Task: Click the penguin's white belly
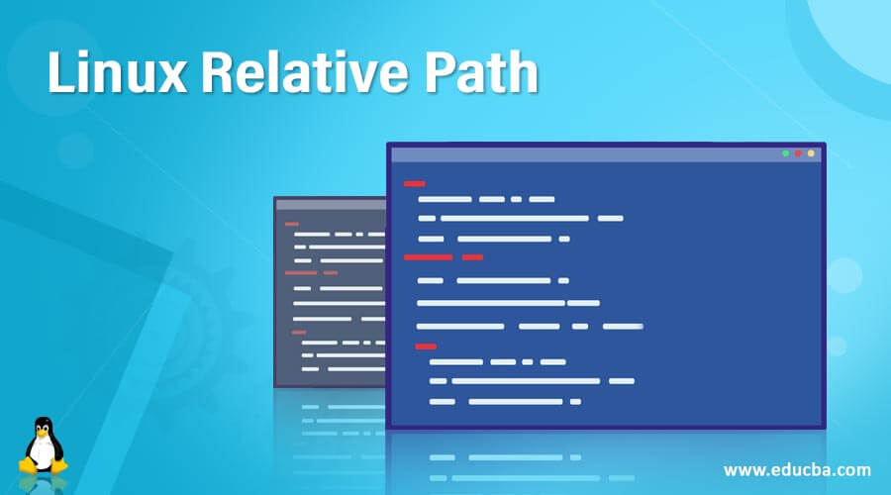42,453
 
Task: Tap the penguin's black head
42,424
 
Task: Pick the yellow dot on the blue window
812,153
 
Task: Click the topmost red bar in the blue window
414,183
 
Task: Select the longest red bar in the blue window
428,257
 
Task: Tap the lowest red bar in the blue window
425,346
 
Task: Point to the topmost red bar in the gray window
291,224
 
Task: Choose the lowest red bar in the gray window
299,333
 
